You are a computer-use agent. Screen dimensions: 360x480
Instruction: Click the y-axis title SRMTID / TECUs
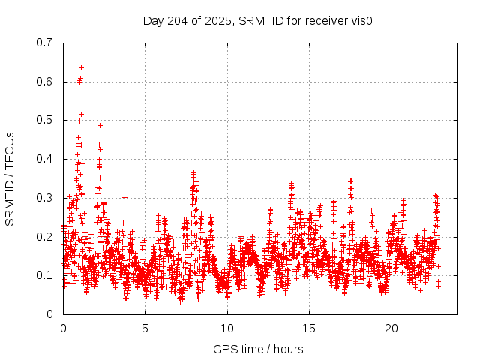[10, 178]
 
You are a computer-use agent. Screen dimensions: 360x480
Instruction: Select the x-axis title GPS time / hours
[258, 349]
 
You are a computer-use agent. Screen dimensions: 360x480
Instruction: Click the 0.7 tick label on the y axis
[44, 43]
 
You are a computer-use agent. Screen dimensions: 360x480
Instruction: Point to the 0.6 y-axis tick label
[44, 82]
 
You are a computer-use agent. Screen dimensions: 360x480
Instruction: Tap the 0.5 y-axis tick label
[44, 120]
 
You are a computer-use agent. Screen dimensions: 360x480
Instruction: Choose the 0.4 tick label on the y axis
[44, 159]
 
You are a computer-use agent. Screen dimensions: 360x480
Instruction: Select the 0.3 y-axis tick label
[44, 198]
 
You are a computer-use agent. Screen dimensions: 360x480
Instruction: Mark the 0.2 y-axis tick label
[44, 236]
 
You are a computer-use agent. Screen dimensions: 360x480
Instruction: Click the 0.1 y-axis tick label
[44, 275]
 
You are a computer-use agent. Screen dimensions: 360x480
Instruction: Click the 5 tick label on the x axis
[145, 328]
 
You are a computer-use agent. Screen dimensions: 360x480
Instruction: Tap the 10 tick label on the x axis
[227, 328]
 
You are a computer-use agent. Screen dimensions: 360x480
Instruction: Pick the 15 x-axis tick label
[310, 328]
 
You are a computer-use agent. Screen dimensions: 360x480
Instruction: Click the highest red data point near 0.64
[81, 67]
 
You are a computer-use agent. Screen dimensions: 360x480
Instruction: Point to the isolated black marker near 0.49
[100, 125]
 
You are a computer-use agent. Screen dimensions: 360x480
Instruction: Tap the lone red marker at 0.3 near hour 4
[124, 197]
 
